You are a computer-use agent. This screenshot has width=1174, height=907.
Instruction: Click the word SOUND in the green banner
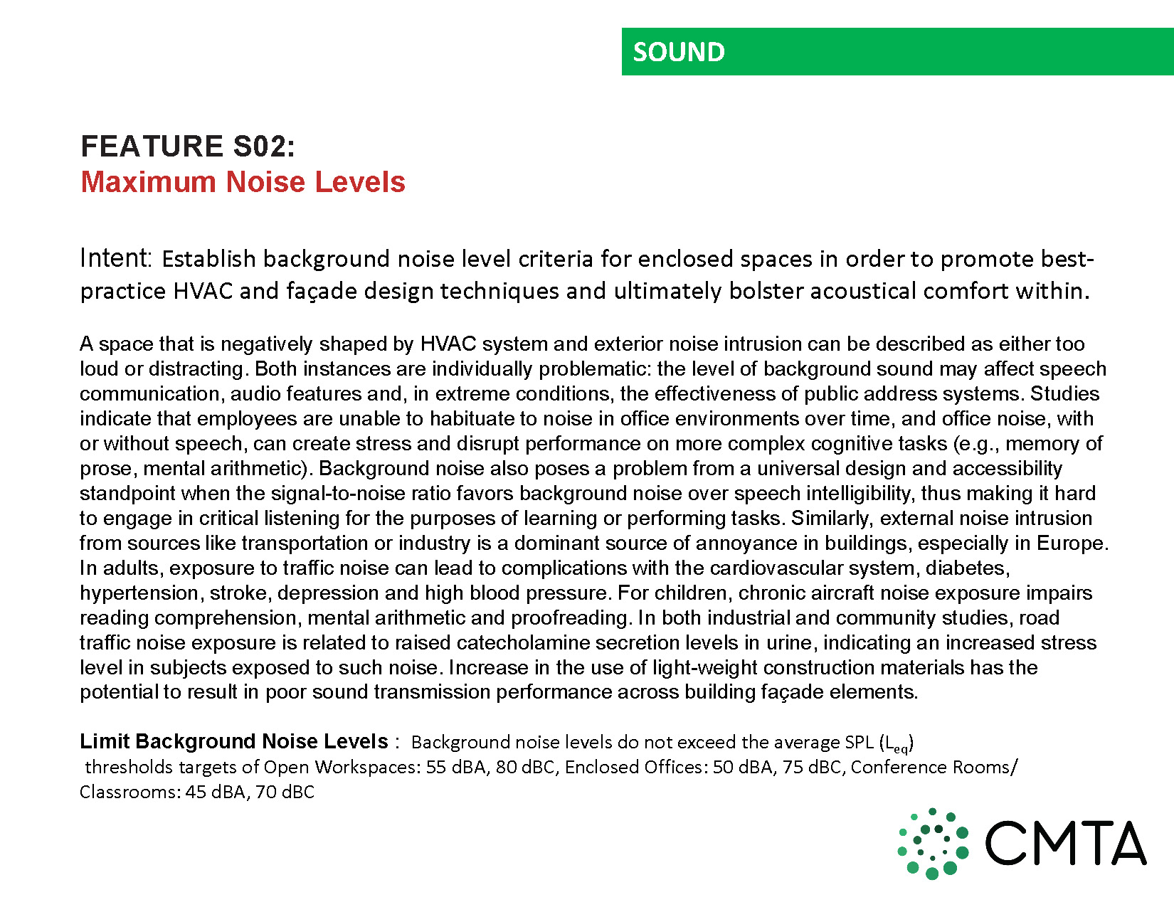click(x=679, y=52)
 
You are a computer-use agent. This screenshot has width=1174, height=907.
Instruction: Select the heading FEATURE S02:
click(x=188, y=147)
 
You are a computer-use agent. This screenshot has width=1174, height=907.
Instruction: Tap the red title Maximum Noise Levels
click(x=243, y=182)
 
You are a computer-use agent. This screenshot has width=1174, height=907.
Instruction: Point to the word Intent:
click(x=116, y=258)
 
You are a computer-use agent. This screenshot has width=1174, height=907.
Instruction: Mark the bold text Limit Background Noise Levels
click(x=234, y=741)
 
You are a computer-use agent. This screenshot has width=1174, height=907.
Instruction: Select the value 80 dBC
click(x=525, y=767)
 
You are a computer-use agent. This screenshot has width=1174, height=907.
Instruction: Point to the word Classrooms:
click(x=129, y=792)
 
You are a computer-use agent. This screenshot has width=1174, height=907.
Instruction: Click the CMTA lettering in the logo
click(x=1065, y=844)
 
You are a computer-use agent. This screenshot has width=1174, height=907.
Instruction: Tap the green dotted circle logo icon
click(x=933, y=844)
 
